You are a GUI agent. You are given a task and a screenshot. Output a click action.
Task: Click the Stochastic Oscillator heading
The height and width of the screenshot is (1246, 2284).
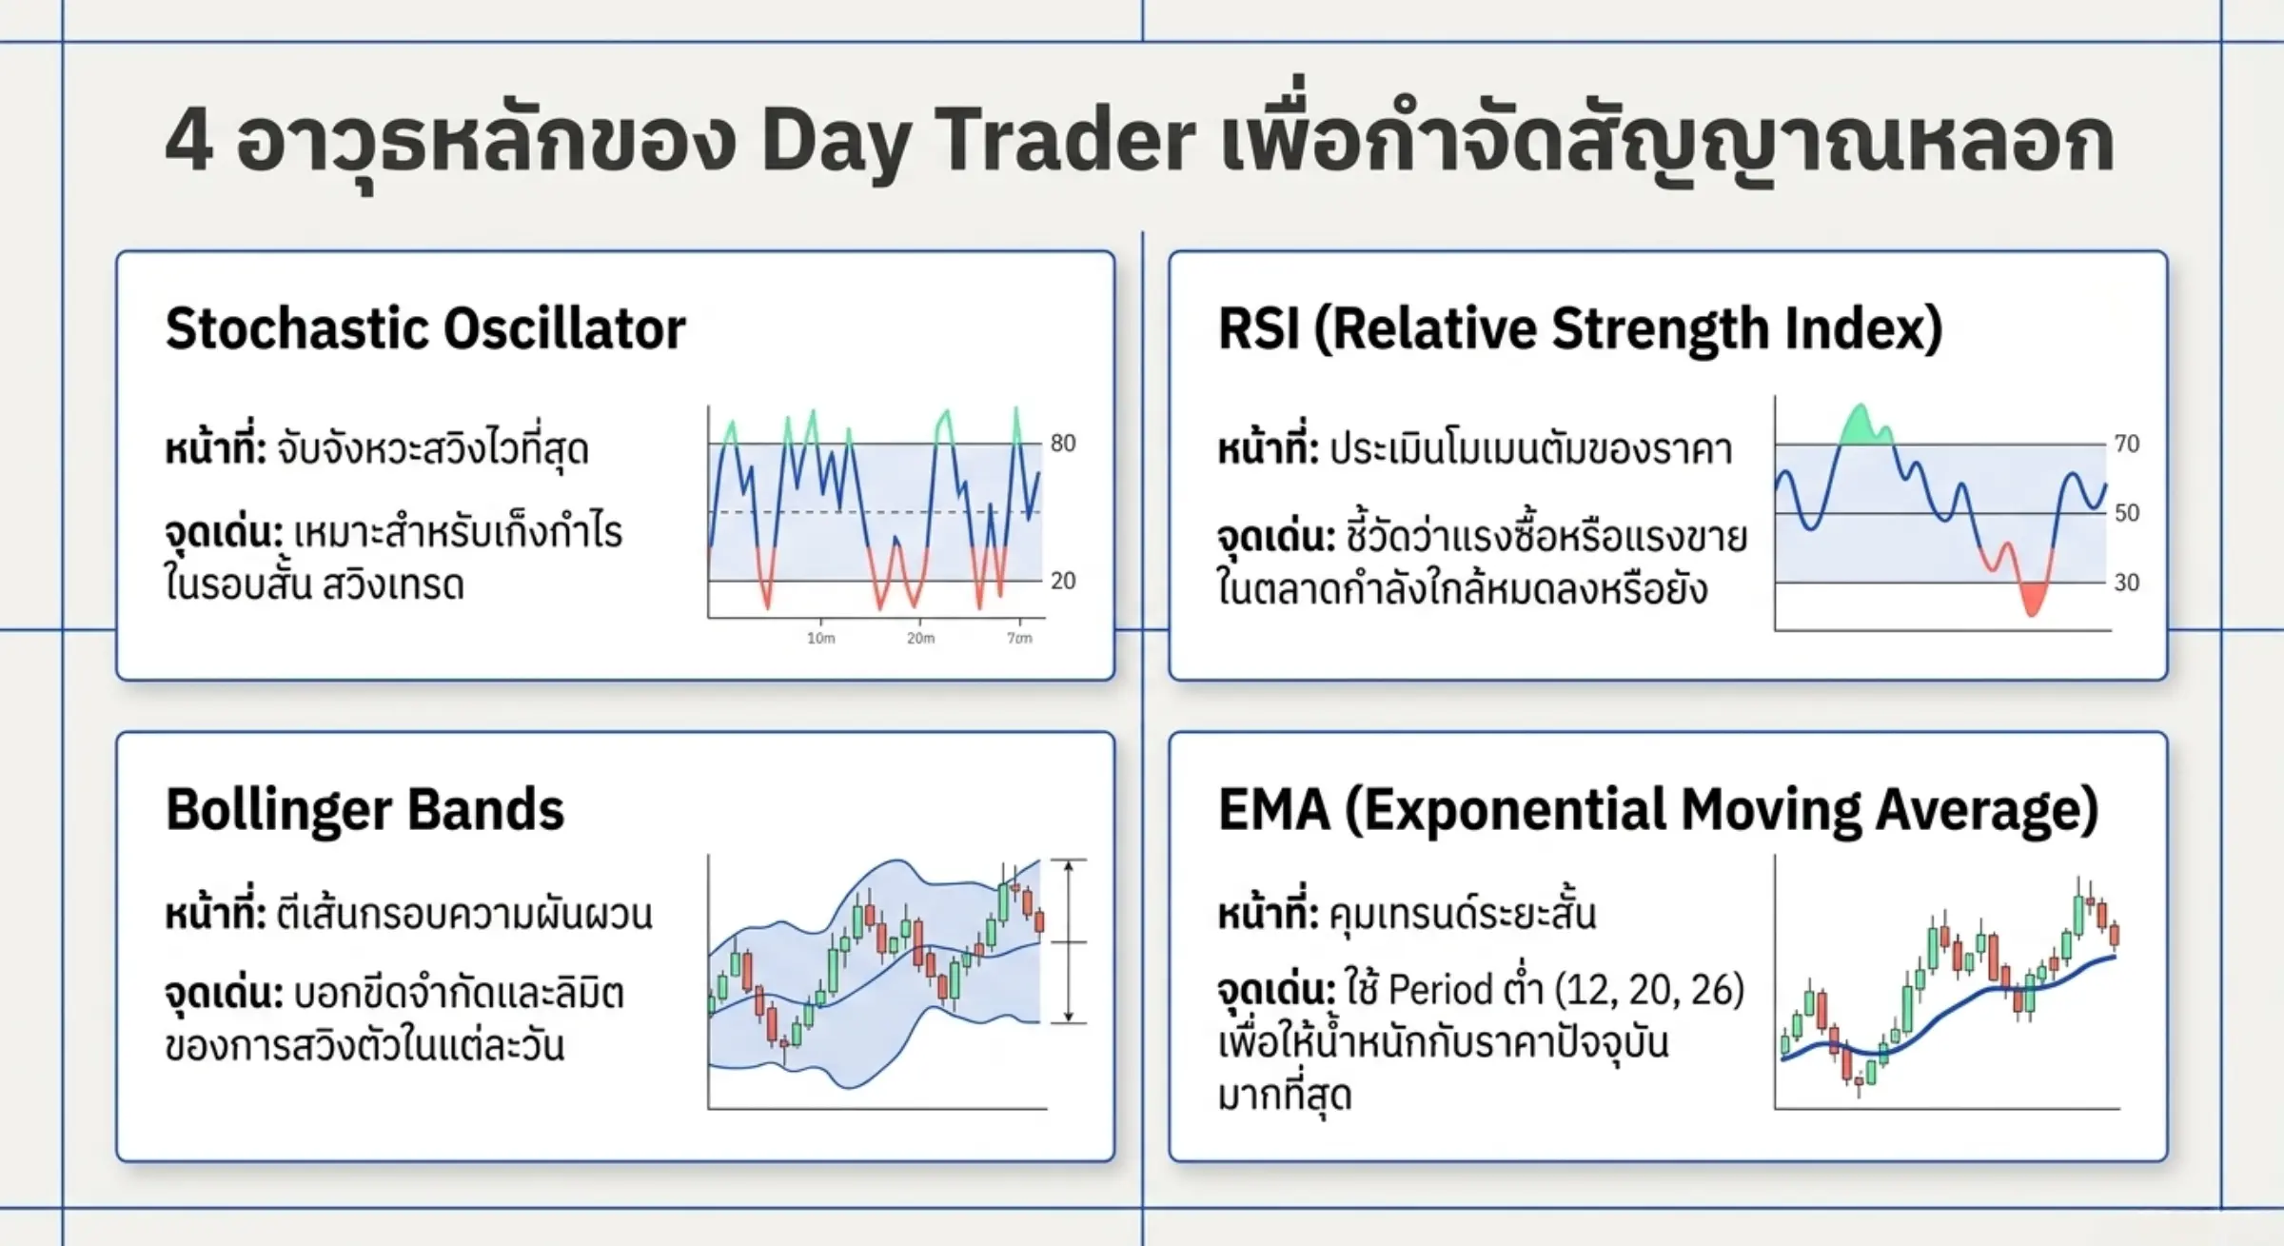click(425, 329)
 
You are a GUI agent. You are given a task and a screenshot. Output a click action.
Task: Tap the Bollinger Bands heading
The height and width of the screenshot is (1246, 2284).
click(364, 811)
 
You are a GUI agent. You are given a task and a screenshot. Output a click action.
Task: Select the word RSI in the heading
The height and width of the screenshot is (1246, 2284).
click(1258, 329)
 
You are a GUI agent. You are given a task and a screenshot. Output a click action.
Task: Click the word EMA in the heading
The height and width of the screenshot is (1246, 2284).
click(1273, 810)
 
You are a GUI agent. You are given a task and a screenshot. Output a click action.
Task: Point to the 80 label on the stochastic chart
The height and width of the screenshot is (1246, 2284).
click(1063, 444)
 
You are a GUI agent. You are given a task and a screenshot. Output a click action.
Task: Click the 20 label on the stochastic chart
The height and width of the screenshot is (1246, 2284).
click(1063, 581)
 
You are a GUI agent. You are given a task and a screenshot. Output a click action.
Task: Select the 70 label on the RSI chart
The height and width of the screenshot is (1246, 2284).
click(2127, 444)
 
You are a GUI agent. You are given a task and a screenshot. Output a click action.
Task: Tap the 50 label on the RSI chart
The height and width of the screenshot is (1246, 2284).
click(2127, 513)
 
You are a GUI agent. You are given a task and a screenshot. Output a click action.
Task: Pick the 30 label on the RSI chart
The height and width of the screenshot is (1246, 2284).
click(2127, 583)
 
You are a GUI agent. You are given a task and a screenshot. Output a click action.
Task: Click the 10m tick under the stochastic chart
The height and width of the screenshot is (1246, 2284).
click(821, 638)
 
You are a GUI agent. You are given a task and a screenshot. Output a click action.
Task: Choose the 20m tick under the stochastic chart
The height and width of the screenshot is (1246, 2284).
click(920, 638)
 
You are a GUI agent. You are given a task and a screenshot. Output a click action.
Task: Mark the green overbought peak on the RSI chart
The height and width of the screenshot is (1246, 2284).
click(1864, 427)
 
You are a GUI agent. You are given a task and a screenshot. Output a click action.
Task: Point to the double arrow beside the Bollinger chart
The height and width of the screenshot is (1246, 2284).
click(1069, 941)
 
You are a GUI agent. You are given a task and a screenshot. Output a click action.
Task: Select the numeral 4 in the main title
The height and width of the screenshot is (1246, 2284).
click(188, 141)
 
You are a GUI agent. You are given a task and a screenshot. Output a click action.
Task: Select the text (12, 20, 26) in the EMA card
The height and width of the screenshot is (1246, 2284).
click(1648, 991)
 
